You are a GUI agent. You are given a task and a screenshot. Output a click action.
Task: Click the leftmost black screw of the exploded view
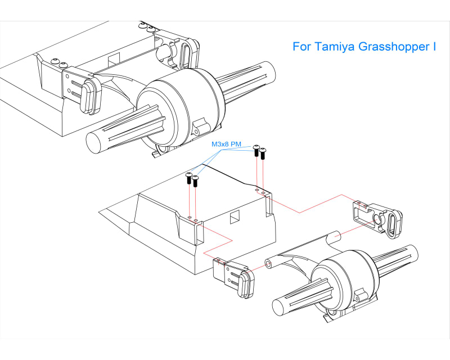[x=189, y=178]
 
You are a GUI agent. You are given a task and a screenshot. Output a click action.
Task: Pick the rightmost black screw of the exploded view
[x=262, y=152]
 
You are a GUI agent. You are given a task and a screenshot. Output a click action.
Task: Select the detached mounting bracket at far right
[x=378, y=217]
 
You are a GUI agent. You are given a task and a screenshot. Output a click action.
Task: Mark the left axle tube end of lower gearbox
[x=280, y=307]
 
